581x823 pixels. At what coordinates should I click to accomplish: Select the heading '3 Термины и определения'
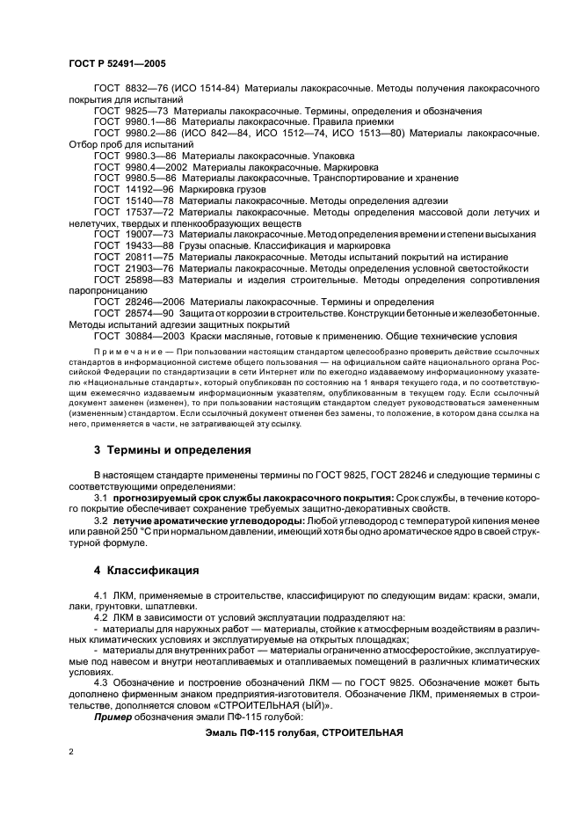tap(172, 450)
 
